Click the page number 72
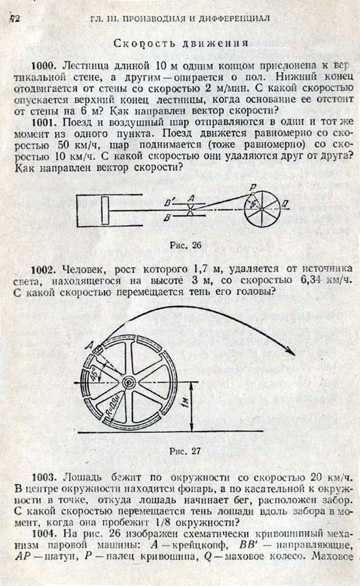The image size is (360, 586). coord(15,19)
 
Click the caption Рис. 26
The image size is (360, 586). coord(185,245)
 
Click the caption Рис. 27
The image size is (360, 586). coord(185,451)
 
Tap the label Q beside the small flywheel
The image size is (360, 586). coord(286,204)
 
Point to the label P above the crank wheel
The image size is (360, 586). coord(253,187)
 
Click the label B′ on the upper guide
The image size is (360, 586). coord(170,202)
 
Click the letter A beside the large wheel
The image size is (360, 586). coord(89,346)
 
